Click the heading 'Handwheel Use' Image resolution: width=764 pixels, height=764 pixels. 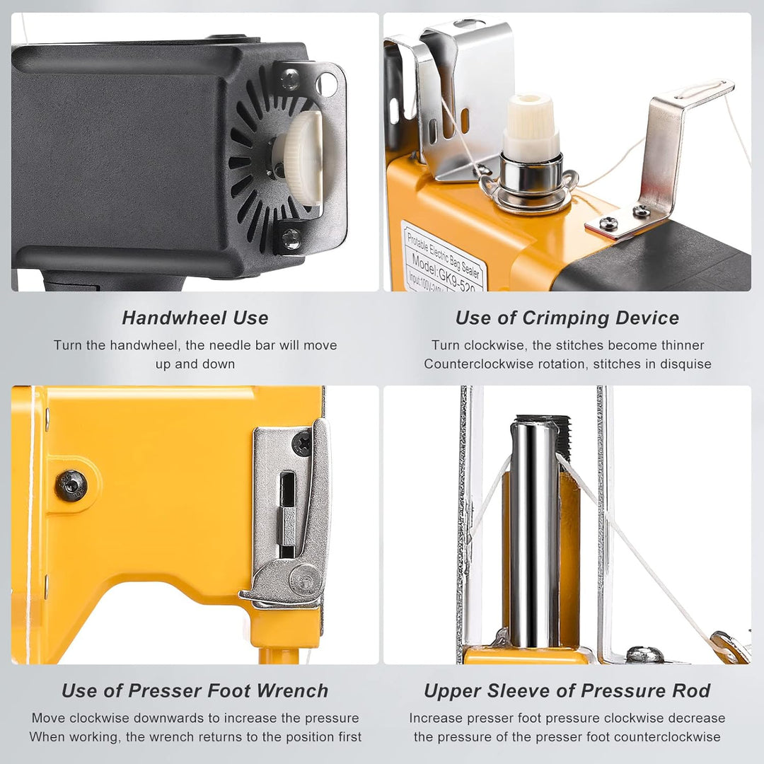195,318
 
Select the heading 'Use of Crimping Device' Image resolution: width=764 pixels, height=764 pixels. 567,318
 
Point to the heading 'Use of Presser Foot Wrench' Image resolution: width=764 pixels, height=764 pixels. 195,690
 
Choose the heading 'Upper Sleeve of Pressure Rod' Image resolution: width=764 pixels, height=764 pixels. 567,690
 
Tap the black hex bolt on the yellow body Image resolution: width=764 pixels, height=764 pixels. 71,486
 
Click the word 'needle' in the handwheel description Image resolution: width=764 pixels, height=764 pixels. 213,345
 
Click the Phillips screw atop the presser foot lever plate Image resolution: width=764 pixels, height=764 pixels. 303,443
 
